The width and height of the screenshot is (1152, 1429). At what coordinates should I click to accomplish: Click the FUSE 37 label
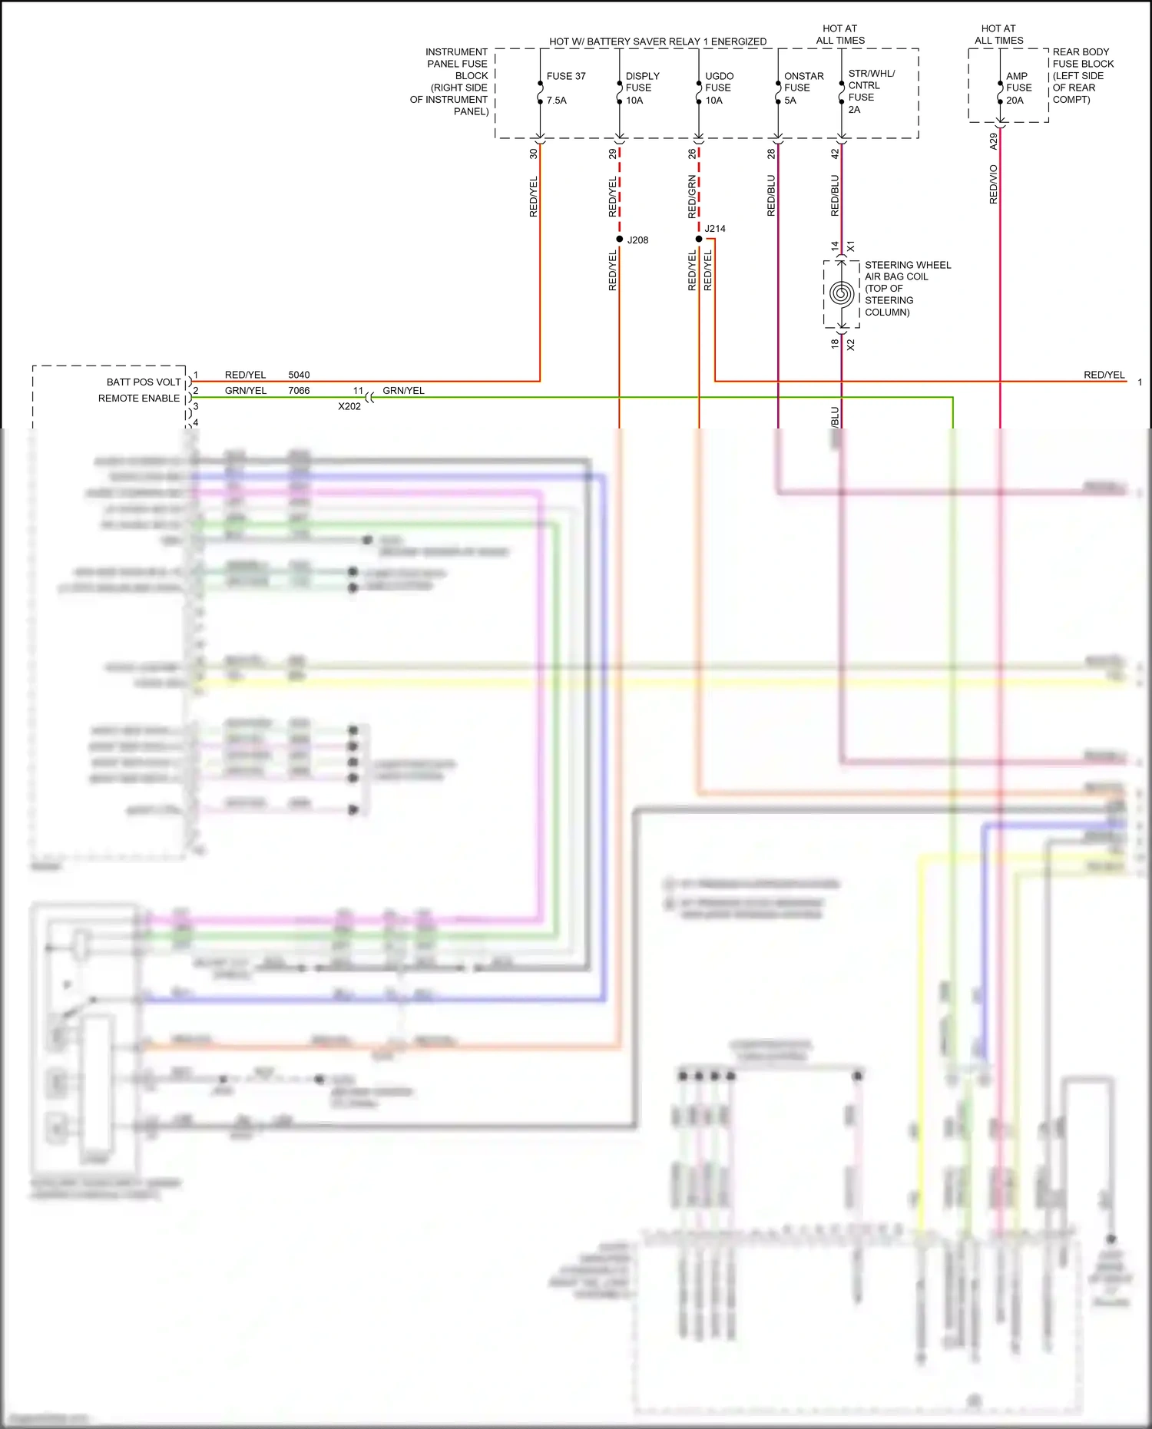(566, 77)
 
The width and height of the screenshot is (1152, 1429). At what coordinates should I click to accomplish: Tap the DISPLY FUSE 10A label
(642, 88)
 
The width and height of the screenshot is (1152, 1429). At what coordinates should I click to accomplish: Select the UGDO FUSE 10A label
(719, 88)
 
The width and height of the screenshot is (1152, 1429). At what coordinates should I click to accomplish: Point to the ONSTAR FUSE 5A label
(803, 88)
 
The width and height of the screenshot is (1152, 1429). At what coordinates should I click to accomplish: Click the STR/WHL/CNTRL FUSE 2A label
(871, 91)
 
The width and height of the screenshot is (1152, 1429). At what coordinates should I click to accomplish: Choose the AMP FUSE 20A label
(1018, 88)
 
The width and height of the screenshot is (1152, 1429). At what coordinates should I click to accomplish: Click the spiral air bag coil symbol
(842, 294)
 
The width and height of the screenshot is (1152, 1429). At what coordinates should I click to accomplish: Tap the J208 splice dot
(620, 240)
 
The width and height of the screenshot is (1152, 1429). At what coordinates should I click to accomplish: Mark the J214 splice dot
(699, 239)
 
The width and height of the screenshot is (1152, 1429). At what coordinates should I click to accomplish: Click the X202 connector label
(349, 407)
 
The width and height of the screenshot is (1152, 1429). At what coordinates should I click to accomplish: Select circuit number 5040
(299, 375)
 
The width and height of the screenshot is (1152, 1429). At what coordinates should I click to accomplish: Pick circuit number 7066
(299, 391)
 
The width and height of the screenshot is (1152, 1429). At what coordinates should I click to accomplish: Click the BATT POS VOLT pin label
(144, 382)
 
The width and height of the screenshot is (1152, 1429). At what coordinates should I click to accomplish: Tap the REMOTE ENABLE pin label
(139, 399)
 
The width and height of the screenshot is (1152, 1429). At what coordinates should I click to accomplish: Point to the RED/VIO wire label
(994, 184)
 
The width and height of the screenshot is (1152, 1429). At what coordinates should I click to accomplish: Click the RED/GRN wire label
(693, 196)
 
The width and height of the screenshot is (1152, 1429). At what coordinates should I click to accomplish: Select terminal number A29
(994, 141)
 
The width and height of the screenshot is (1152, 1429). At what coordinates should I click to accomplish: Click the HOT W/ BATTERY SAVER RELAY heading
(657, 41)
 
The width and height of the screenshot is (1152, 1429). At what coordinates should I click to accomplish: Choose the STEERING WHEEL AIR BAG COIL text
(907, 289)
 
